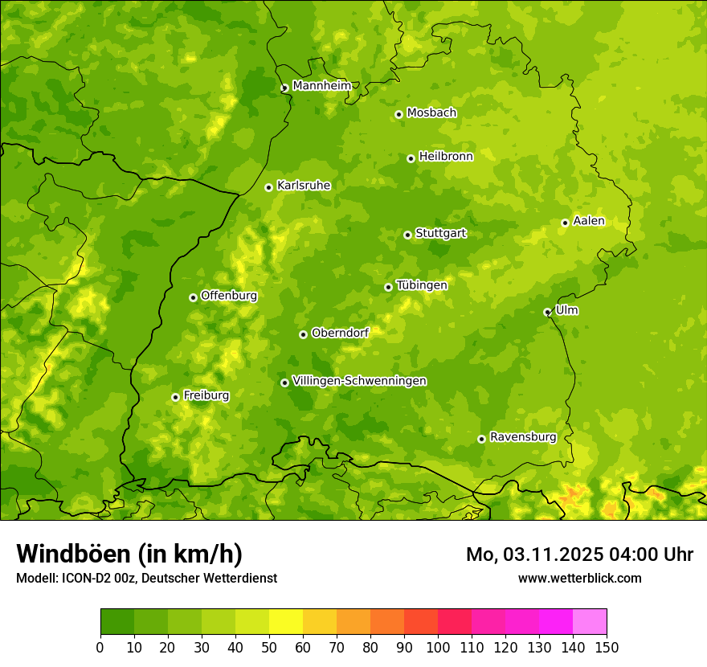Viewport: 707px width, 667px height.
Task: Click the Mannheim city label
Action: (x=321, y=86)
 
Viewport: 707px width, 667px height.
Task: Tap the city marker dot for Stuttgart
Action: (x=407, y=235)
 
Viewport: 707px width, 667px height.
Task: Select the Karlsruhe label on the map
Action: (x=304, y=186)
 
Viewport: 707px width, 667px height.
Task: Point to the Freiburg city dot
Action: (x=175, y=397)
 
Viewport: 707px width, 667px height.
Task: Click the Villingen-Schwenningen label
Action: (x=360, y=381)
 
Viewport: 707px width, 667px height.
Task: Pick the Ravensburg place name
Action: (x=523, y=437)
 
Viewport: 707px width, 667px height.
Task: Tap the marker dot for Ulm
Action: (x=547, y=312)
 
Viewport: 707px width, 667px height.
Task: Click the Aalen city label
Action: (x=589, y=221)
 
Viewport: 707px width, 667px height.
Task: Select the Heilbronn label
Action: (x=446, y=157)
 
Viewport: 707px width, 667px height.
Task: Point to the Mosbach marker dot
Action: (x=398, y=114)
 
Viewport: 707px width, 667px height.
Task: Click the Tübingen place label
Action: (x=422, y=285)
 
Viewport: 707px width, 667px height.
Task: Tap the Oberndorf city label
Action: (x=340, y=333)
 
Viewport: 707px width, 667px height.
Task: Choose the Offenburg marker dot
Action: (x=193, y=297)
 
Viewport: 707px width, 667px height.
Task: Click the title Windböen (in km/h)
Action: (x=129, y=554)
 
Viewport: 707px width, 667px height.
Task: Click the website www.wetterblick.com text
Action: (x=579, y=578)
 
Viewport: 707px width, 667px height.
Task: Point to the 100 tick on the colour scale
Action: (x=438, y=647)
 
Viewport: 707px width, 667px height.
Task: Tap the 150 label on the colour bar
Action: (x=607, y=647)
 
